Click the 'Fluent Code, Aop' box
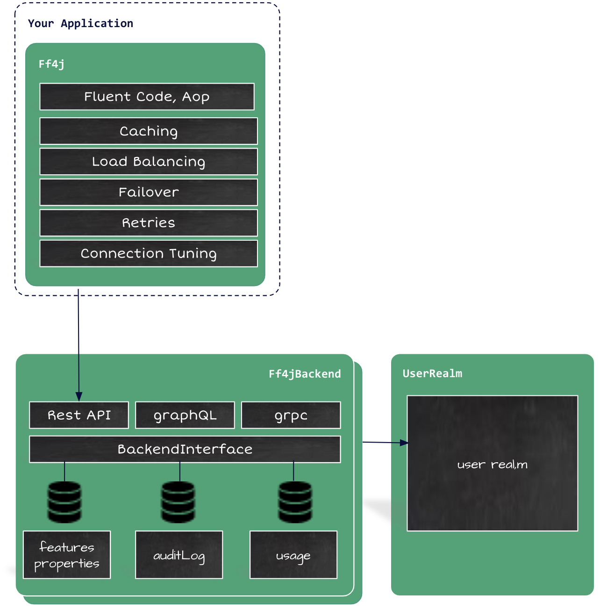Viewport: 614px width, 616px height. point(147,97)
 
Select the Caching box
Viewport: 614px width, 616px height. point(149,131)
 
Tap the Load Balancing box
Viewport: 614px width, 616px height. point(149,162)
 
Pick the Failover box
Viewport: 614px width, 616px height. point(149,192)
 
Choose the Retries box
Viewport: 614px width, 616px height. point(149,223)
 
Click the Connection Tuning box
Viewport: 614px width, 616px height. point(149,254)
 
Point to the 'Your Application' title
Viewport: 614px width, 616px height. point(80,23)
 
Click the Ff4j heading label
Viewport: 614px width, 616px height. point(51,64)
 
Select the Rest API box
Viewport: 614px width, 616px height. point(79,415)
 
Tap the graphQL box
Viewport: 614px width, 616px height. point(185,415)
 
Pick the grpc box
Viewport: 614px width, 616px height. point(291,415)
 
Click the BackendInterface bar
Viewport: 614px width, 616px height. point(185,449)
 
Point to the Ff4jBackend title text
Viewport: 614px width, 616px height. point(305,374)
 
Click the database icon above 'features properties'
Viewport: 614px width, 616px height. point(64,502)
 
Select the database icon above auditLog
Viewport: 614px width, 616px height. point(178,502)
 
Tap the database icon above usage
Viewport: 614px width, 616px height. point(295,502)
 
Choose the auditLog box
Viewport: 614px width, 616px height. point(179,555)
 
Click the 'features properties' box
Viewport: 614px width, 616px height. point(67,555)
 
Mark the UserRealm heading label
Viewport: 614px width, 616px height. point(432,373)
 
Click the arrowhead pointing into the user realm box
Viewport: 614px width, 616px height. point(404,443)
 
